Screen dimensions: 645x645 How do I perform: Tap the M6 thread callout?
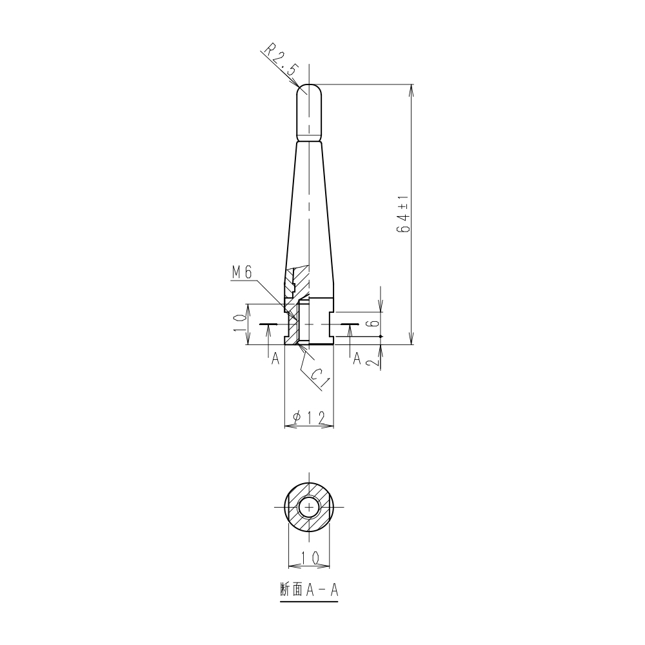click(x=241, y=272)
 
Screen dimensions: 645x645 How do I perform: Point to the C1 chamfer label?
click(x=319, y=378)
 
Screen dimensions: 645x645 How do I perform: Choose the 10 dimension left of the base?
click(x=240, y=324)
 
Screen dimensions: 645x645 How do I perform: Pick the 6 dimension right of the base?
click(x=373, y=323)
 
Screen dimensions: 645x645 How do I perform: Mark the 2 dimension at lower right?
click(x=373, y=362)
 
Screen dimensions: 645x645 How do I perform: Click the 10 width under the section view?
click(x=310, y=557)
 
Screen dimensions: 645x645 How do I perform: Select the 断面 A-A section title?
click(x=309, y=591)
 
